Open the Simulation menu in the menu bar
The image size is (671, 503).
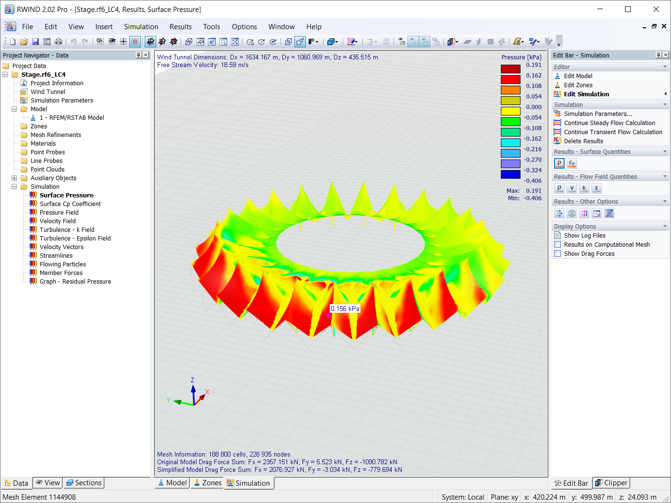141,26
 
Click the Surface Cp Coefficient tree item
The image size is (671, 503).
70,204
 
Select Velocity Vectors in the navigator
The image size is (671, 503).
61,247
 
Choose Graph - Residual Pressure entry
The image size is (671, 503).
75,281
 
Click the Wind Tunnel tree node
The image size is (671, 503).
47,91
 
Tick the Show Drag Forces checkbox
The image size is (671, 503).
557,253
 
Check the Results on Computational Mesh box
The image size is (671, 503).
557,244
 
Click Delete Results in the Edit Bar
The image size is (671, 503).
583,141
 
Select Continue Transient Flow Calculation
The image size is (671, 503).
613,132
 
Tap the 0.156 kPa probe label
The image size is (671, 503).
345,309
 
